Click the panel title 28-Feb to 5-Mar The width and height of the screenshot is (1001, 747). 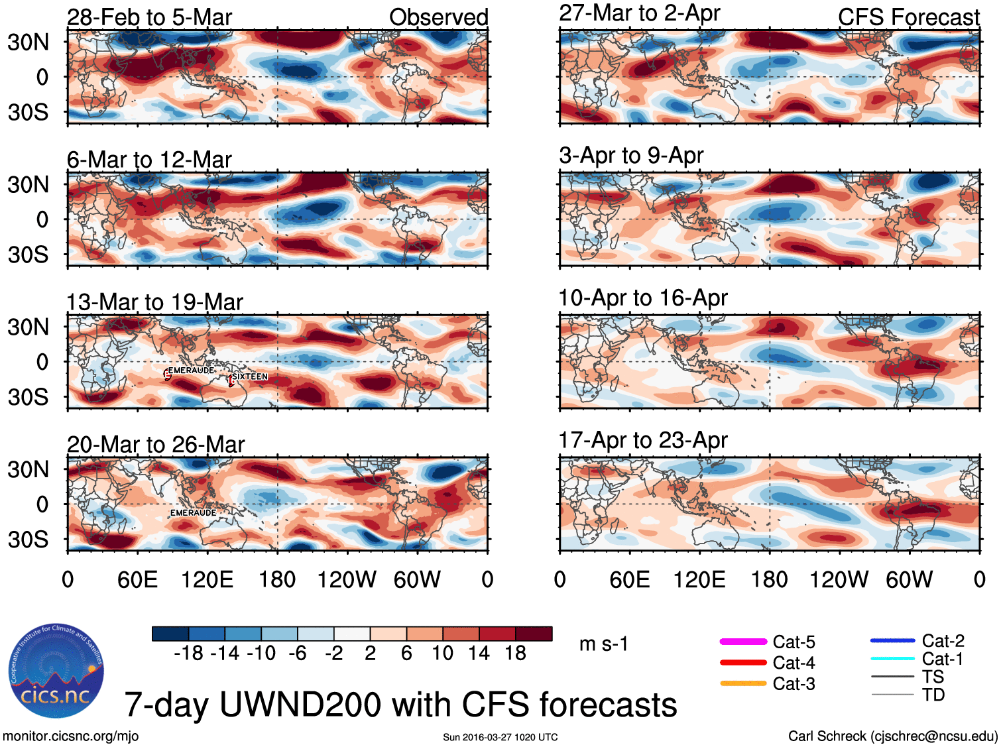(x=149, y=17)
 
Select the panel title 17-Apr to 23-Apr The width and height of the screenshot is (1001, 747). (x=643, y=440)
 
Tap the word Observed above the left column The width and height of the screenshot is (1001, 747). (x=438, y=17)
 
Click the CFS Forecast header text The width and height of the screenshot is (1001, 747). (x=908, y=17)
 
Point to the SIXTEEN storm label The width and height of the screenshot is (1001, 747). (x=250, y=376)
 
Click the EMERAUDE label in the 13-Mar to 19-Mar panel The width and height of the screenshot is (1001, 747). (x=191, y=370)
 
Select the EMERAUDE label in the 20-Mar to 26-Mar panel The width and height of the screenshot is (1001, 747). (x=193, y=512)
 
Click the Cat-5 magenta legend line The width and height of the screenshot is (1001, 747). (x=743, y=642)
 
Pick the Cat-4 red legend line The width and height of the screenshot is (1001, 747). (x=743, y=662)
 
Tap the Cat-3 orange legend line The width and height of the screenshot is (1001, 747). (x=743, y=683)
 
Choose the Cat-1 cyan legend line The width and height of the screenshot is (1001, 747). (x=892, y=659)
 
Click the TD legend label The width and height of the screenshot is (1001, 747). (x=933, y=695)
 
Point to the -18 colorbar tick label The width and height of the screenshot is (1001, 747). (x=189, y=654)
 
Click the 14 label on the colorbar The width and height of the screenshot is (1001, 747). (x=479, y=654)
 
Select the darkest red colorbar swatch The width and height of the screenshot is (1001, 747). (x=534, y=634)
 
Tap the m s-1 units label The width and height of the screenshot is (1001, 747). (x=603, y=644)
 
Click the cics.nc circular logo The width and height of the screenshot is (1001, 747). (x=56, y=671)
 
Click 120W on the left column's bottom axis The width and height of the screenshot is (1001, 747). (x=347, y=580)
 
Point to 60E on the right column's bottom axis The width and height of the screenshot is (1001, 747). (x=629, y=580)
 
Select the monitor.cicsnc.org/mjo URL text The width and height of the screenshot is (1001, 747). (x=70, y=736)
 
